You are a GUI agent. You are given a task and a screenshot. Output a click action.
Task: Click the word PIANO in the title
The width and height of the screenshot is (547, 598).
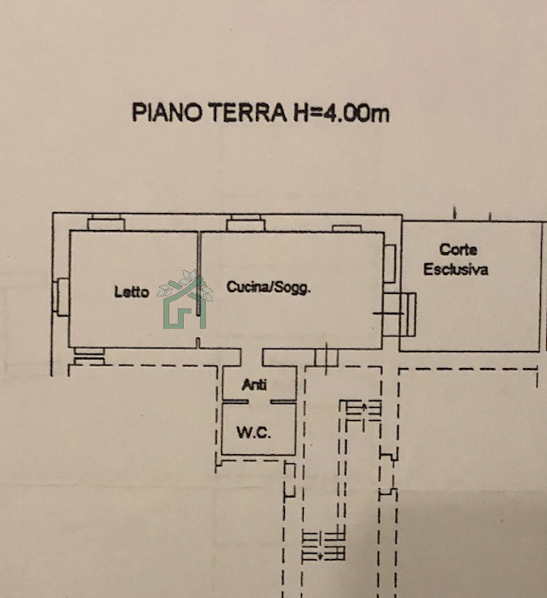pyautogui.click(x=167, y=112)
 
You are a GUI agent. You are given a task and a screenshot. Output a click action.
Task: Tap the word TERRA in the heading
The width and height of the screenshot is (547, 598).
pyautogui.click(x=248, y=112)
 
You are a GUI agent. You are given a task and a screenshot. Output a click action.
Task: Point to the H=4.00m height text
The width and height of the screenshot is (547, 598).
pyautogui.click(x=341, y=113)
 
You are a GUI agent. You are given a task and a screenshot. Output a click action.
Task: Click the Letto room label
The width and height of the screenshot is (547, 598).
pyautogui.click(x=131, y=292)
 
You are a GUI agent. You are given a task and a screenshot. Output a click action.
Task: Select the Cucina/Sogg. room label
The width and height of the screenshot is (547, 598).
pyautogui.click(x=269, y=287)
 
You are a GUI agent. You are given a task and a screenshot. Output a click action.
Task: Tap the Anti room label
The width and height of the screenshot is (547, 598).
pyautogui.click(x=254, y=384)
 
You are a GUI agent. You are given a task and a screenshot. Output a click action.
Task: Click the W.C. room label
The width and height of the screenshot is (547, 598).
pyautogui.click(x=254, y=433)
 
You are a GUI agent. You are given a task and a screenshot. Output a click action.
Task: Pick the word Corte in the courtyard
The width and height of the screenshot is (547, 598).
pyautogui.click(x=458, y=250)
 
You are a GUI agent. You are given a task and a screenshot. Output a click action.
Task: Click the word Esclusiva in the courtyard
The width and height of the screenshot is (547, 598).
pyautogui.click(x=456, y=270)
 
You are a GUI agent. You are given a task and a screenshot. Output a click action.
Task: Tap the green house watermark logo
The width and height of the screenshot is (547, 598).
pyautogui.click(x=185, y=299)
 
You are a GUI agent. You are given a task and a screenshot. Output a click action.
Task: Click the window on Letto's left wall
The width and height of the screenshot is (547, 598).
pyautogui.click(x=63, y=296)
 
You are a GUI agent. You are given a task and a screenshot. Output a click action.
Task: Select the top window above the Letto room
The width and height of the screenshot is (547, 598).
pyautogui.click(x=106, y=222)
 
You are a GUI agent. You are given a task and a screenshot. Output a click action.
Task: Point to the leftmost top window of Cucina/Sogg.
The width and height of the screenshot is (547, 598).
pyautogui.click(x=246, y=223)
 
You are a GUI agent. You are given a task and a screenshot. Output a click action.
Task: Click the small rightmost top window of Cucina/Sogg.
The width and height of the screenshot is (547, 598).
pyautogui.click(x=346, y=228)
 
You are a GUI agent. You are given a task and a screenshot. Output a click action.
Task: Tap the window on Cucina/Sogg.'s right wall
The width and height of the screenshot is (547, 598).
pyautogui.click(x=390, y=263)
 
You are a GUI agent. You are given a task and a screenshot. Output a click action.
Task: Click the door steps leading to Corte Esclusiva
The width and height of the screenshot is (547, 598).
pyautogui.click(x=399, y=314)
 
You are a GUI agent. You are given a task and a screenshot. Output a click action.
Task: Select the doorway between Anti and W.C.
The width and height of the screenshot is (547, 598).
pyautogui.click(x=259, y=401)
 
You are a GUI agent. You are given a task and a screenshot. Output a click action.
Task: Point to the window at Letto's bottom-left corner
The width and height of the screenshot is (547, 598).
pyautogui.click(x=89, y=356)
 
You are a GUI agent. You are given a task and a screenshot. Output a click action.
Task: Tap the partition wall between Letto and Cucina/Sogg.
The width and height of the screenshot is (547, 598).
pyautogui.click(x=199, y=273)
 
